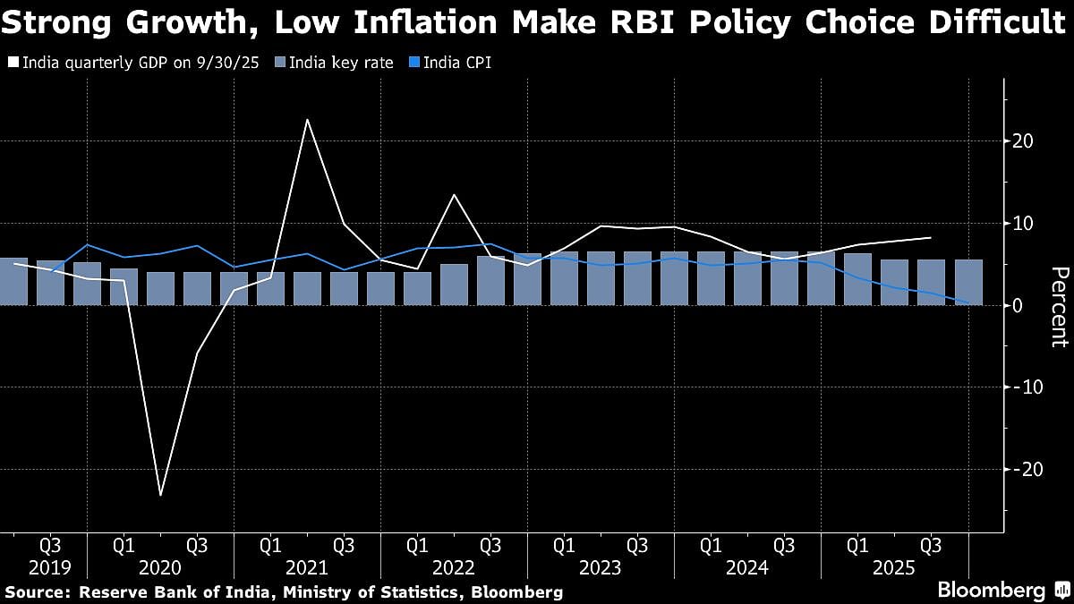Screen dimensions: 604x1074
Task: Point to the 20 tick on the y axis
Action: pos(1023,141)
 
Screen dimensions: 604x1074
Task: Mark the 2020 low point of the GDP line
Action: pos(161,495)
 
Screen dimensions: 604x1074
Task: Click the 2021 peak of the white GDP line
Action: pos(307,119)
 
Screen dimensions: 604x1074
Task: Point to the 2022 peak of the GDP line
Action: pos(454,195)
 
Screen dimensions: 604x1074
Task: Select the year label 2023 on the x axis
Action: pos(601,566)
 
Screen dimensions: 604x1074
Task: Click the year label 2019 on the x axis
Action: pos(50,566)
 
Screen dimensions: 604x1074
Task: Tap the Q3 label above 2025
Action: pos(931,544)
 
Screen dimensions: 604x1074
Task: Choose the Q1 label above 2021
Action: pos(270,544)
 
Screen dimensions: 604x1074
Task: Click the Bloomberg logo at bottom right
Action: pos(991,590)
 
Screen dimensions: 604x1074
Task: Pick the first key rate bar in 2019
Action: pos(13,281)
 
